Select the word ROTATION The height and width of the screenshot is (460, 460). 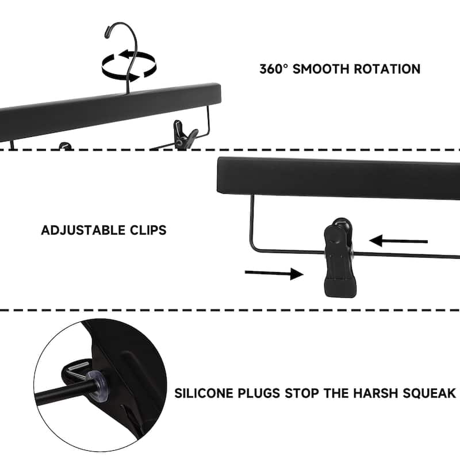(x=386, y=69)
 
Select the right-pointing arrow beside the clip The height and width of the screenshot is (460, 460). (x=274, y=274)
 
